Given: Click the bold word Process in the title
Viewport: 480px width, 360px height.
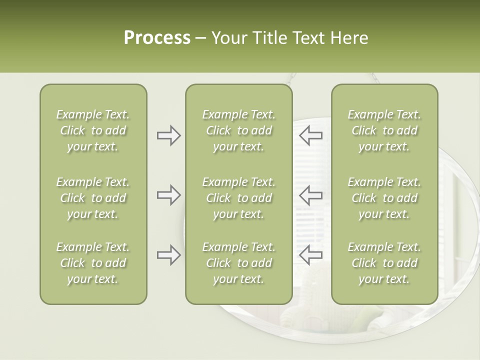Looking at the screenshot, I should tap(157, 38).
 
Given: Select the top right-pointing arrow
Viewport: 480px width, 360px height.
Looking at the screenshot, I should tap(168, 135).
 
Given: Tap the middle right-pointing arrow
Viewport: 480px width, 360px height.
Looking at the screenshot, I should tap(168, 195).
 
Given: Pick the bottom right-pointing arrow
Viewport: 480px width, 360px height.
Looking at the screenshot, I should tap(168, 255).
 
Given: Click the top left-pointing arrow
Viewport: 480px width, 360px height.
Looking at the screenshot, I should tap(311, 135).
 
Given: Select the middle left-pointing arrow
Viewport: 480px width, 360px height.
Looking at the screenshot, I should tap(311, 195).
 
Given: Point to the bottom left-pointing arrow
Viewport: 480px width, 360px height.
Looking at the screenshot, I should tap(311, 255).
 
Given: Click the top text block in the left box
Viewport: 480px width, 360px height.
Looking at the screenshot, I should tap(93, 130).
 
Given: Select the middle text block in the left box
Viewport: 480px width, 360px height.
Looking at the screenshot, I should tap(93, 198).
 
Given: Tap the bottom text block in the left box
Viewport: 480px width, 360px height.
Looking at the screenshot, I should tap(93, 263).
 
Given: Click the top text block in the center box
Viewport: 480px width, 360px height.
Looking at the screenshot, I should tap(238, 130).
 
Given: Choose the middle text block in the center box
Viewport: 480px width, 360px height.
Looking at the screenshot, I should tap(238, 198).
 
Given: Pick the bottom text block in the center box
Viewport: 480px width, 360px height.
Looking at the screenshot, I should tap(238, 263).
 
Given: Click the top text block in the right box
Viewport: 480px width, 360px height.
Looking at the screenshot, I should tap(384, 130).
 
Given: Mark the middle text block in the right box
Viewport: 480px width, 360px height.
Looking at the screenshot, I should tap(384, 198).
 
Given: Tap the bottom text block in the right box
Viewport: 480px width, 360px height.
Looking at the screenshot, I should tap(384, 263).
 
